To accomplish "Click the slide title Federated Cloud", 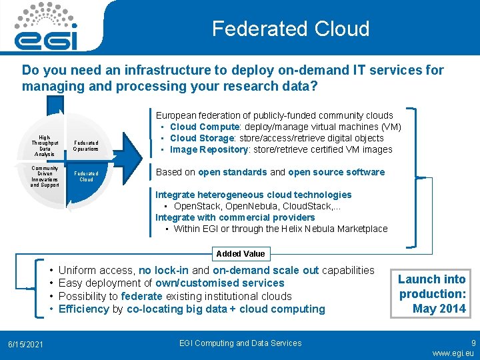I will pos(290,29).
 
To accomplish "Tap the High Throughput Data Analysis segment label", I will pos(45,145).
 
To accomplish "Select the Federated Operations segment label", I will pos(86,146).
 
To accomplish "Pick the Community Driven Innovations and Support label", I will pos(45,177).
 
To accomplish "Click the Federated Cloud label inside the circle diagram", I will pos(86,177).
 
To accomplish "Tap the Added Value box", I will pos(240,253).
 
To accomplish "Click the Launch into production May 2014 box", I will pos(432,293).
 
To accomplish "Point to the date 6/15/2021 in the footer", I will pos(25,344).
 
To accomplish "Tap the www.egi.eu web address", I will pos(453,353).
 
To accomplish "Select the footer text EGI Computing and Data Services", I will pos(240,343).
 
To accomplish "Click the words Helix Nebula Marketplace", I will pos(341,229).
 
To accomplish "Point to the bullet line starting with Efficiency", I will pos(191,309).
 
